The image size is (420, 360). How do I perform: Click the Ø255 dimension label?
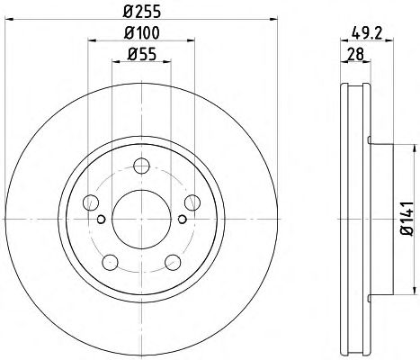pos(142,12)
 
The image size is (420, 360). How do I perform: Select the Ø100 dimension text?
pos(142,32)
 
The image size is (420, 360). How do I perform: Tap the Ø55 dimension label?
pos(142,54)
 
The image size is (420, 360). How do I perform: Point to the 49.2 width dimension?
pos(367,32)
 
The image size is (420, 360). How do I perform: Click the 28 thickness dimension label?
pos(355,54)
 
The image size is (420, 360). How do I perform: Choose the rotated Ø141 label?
pos(407,219)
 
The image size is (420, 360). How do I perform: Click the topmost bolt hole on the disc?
pos(141,166)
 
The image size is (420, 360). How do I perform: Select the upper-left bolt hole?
pos(91,202)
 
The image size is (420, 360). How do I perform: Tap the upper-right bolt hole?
pos(192,202)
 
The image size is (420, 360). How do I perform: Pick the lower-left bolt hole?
pos(110,262)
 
